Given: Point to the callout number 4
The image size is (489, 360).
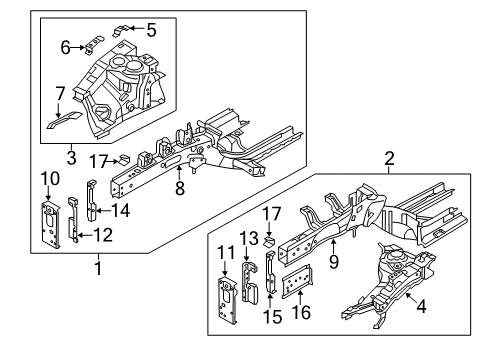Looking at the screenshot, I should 421,308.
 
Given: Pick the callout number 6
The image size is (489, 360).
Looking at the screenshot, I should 66,47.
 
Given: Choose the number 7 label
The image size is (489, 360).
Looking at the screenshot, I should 60,93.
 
